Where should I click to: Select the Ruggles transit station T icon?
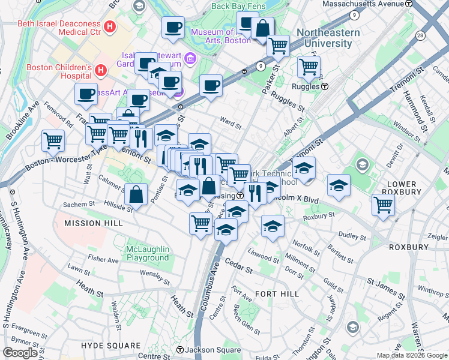pyautogui.click(x=324, y=86)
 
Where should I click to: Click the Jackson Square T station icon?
pyautogui.click(x=179, y=350)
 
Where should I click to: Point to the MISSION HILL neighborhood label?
pyautogui.click(x=93, y=223)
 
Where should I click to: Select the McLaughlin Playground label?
pyautogui.click(x=148, y=253)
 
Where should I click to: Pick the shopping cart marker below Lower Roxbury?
pyautogui.click(x=382, y=205)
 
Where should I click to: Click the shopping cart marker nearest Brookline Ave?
pyautogui.click(x=53, y=140)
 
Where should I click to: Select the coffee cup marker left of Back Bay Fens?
pyautogui.click(x=173, y=26)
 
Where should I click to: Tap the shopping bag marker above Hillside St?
pyautogui.click(x=136, y=193)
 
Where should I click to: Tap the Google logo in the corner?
pyautogui.click(x=20, y=353)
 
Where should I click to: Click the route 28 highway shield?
pyautogui.click(x=420, y=37)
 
